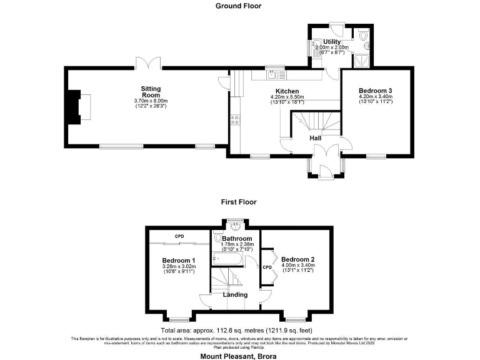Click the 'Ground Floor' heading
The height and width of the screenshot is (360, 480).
(238, 6)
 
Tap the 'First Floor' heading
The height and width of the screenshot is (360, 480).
(238, 202)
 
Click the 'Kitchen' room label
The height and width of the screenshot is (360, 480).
(287, 91)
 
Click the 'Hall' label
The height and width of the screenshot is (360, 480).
(316, 138)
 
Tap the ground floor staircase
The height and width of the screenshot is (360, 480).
(316, 121)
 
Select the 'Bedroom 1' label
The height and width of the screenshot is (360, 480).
(179, 260)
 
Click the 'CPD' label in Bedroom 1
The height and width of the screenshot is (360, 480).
(179, 236)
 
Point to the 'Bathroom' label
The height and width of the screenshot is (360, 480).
(237, 239)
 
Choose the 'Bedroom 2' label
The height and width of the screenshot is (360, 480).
(297, 259)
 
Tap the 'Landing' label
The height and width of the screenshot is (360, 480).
(235, 294)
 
